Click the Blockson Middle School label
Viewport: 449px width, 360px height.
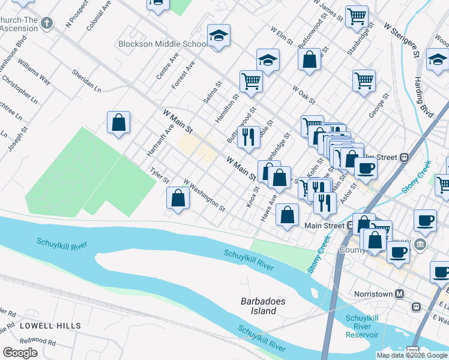tap(163, 44)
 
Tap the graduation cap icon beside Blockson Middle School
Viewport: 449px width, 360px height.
tap(219, 36)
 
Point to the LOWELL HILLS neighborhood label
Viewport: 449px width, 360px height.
tap(50, 326)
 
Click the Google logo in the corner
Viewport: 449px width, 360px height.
tap(20, 353)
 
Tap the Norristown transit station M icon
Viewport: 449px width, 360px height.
tap(400, 294)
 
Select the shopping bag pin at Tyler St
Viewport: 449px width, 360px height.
tap(178, 198)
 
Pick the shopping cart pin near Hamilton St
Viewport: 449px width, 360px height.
tap(251, 80)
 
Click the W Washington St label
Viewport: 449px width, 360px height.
tap(204, 196)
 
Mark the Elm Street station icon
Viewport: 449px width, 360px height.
tap(405, 157)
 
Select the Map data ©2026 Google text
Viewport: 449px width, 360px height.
tap(411, 355)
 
